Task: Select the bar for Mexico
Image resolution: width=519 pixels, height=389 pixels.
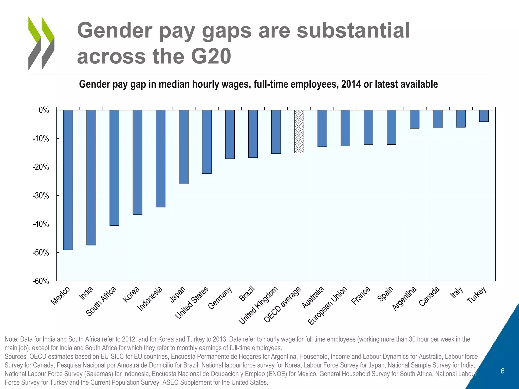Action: pyautogui.click(x=68, y=180)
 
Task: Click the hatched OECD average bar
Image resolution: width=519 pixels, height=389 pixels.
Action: pyautogui.click(x=299, y=131)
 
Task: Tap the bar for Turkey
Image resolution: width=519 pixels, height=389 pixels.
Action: pyautogui.click(x=484, y=116)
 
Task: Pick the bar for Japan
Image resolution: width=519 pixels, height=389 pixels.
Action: pyautogui.click(x=183, y=147)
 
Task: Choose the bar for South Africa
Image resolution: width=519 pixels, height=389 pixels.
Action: pyautogui.click(x=114, y=168)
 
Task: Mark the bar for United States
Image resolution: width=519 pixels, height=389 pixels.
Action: pyautogui.click(x=207, y=142)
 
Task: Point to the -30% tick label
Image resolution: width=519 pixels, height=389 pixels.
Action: pyautogui.click(x=41, y=196)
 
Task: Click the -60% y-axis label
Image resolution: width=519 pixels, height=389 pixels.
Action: pyautogui.click(x=41, y=281)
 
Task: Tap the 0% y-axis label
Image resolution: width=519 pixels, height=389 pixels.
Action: pyautogui.click(x=44, y=110)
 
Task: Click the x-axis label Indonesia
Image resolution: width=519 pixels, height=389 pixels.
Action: pyautogui.click(x=150, y=299)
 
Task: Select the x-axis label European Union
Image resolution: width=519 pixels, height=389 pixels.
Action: pyautogui.click(x=327, y=306)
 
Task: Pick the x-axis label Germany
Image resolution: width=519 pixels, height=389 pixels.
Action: pyautogui.click(x=220, y=298)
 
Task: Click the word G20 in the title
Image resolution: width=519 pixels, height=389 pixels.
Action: pyautogui.click(x=211, y=56)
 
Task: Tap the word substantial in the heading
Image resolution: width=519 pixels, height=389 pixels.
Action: pyautogui.click(x=353, y=30)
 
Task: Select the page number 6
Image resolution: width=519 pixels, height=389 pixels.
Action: pyautogui.click(x=503, y=371)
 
